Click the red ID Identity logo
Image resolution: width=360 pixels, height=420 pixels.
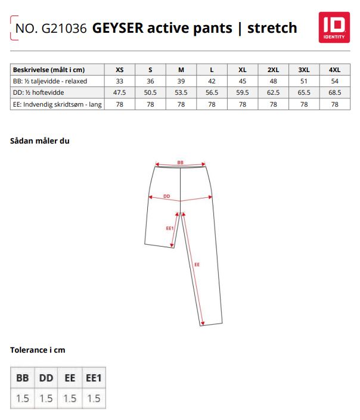(334, 27)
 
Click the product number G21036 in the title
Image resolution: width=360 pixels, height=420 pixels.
(64, 29)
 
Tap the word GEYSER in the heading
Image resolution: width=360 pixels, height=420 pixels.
(117, 28)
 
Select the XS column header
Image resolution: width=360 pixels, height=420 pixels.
(120, 70)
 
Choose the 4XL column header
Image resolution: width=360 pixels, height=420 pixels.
(334, 70)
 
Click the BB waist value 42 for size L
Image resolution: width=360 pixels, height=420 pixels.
(212, 81)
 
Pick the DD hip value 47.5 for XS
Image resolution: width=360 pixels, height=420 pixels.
(120, 93)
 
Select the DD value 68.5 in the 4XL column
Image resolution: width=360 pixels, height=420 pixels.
(335, 93)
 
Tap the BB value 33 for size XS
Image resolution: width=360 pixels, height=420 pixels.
(120, 81)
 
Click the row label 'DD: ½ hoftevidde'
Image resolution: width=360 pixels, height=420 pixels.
(38, 93)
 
